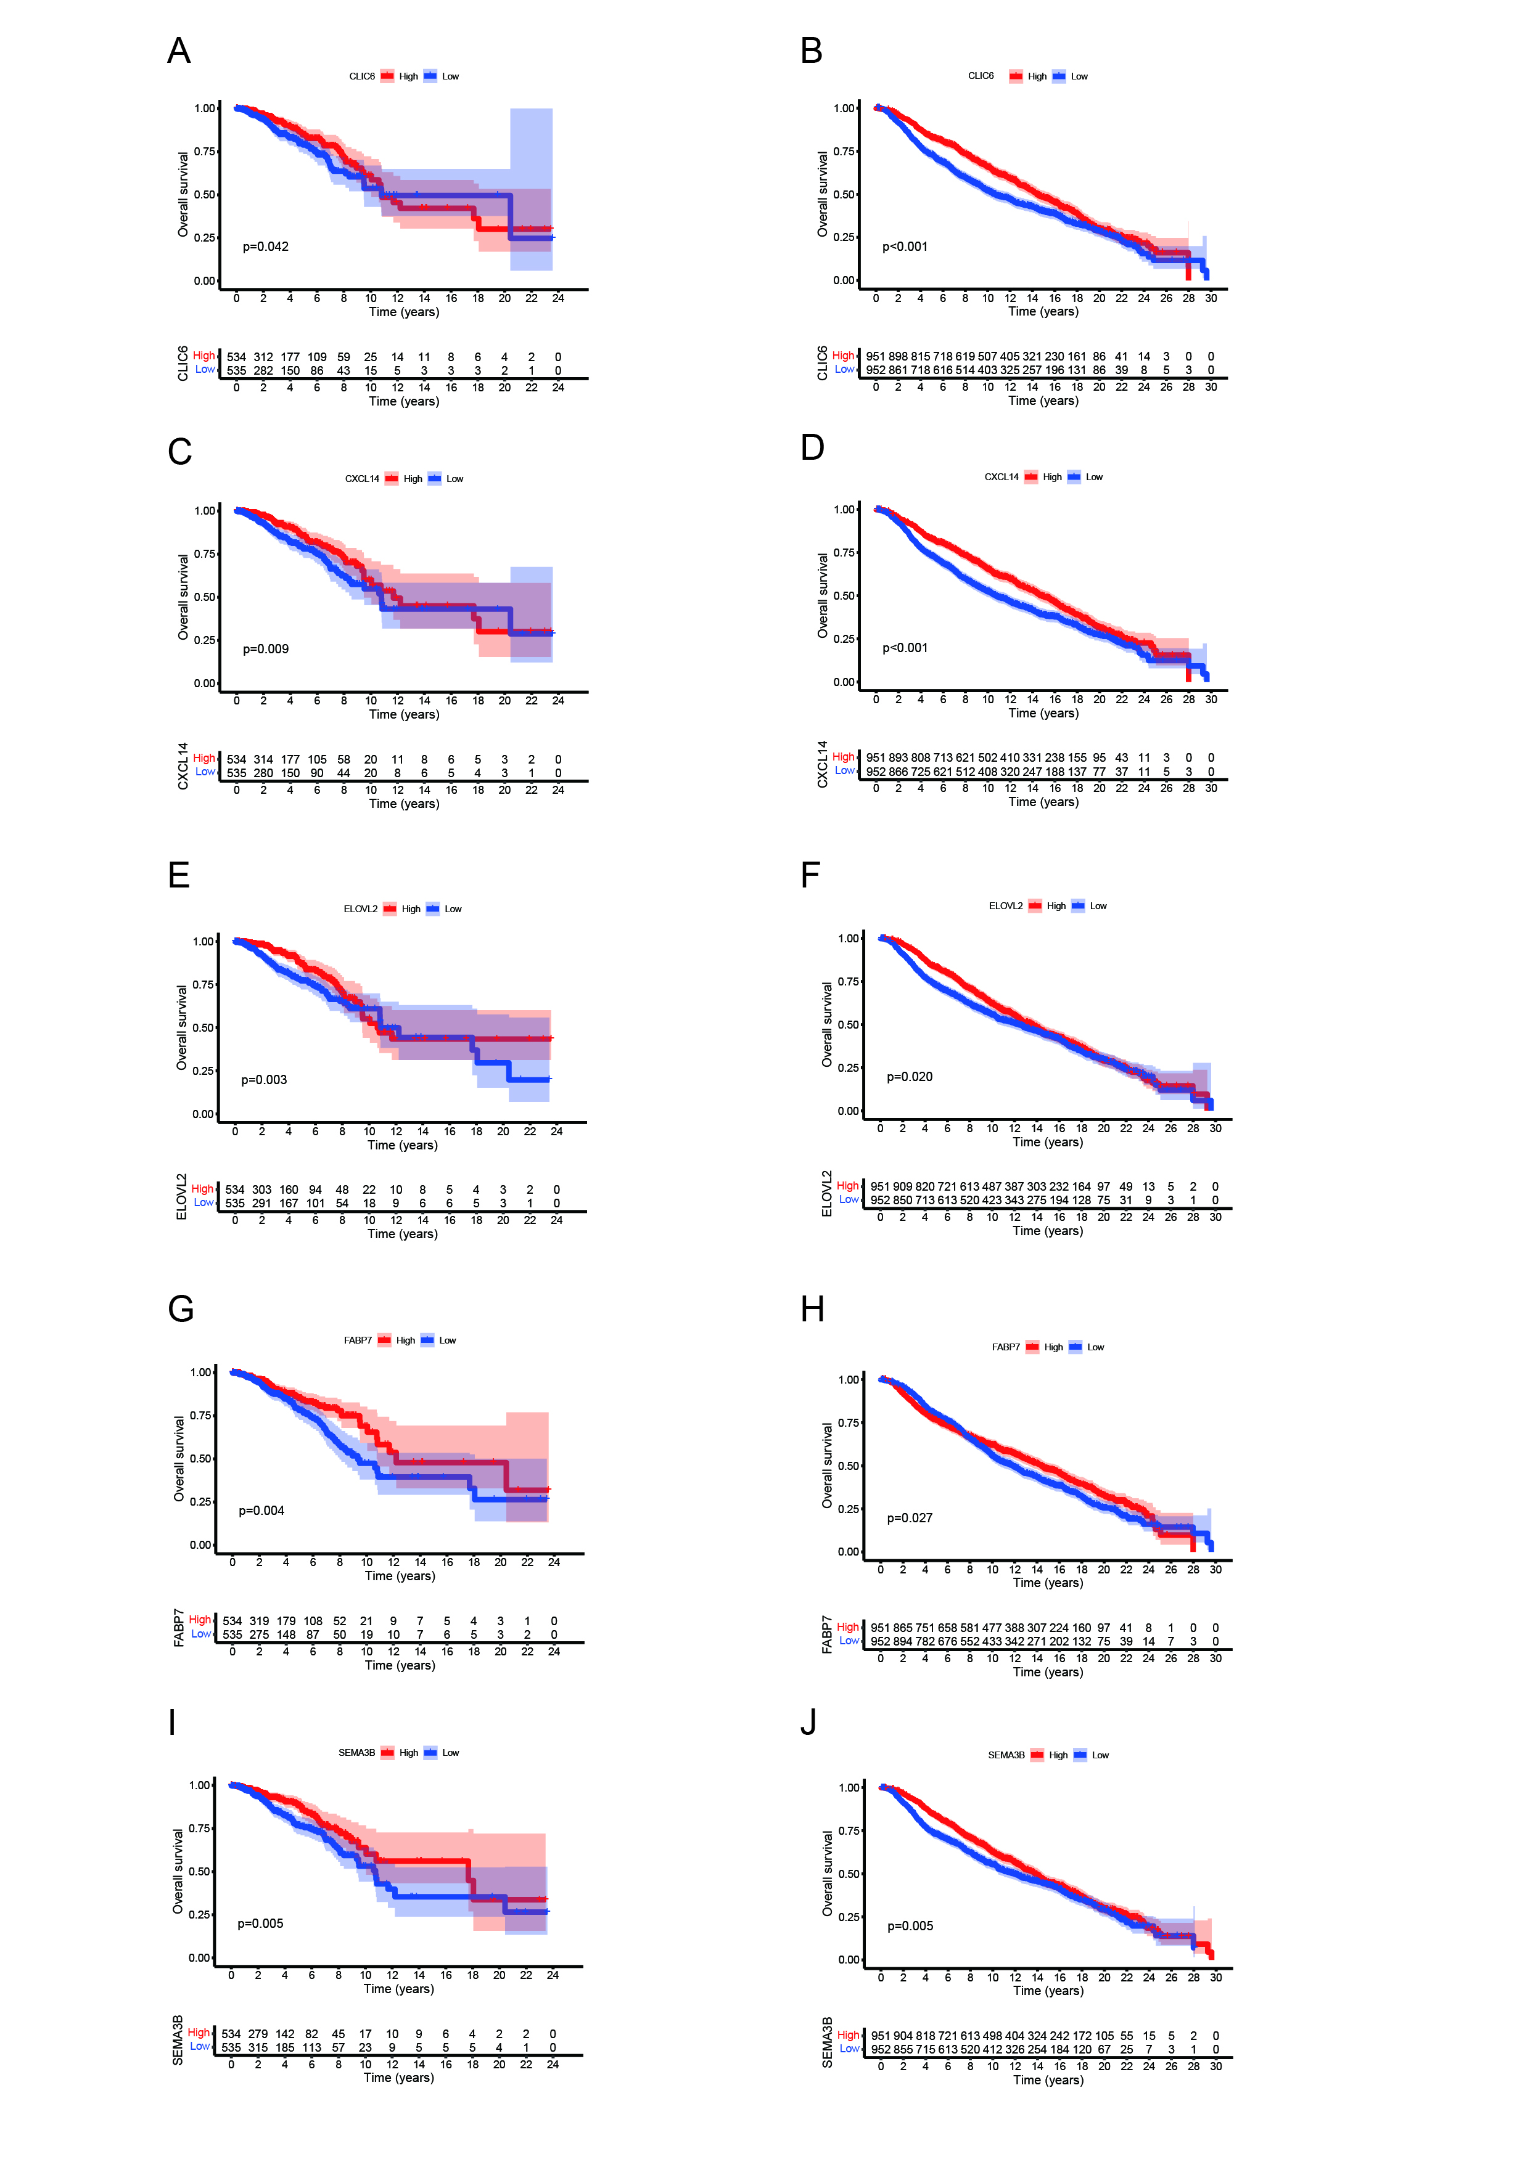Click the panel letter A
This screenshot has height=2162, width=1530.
point(179,51)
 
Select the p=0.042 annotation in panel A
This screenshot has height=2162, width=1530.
point(266,247)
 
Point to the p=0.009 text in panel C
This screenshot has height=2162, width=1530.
point(266,649)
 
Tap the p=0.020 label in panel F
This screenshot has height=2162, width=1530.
point(909,1076)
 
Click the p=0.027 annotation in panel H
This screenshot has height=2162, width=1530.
point(909,1518)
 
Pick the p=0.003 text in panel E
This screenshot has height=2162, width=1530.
point(264,1080)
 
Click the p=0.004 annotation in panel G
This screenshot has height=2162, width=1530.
point(261,1511)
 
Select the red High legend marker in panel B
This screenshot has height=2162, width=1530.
point(1016,76)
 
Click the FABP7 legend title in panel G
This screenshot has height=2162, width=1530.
point(358,1340)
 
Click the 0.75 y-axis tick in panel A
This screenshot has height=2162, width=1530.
point(205,152)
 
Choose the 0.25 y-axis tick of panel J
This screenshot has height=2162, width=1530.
point(849,1917)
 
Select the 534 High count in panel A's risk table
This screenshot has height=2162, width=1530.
point(236,357)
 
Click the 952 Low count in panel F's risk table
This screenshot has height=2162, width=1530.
point(880,1201)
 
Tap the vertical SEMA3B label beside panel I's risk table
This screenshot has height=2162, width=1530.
point(178,2041)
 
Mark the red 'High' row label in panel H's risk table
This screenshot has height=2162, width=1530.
point(848,1626)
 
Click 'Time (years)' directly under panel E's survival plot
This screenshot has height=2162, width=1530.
point(402,1145)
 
